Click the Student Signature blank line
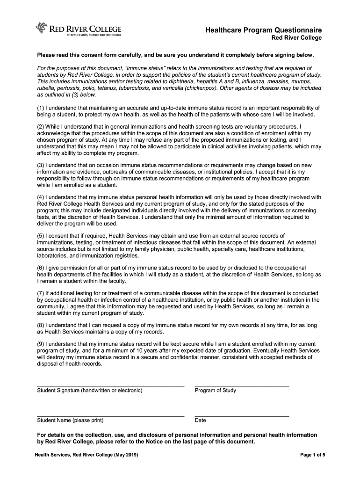[110, 386]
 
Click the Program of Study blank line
[242, 386]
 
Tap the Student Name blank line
[110, 416]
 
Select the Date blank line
[242, 416]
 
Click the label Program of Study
[216, 391]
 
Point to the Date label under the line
[200, 421]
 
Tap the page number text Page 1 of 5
[312, 455]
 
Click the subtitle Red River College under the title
[297, 38]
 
